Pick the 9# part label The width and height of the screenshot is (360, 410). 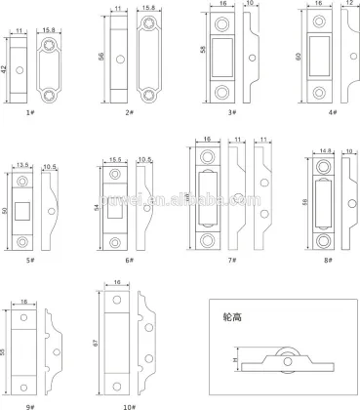click(31, 402)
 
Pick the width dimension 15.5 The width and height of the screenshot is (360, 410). click(113, 159)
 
